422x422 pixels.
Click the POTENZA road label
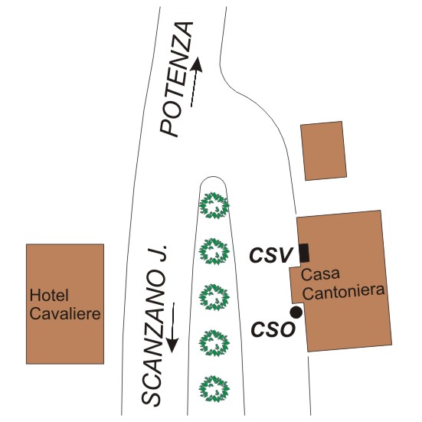tap(177, 80)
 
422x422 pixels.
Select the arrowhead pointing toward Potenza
tap(197, 64)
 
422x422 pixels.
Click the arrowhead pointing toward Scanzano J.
tap(172, 345)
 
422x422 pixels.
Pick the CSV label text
tap(271, 255)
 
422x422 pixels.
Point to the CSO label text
tap(273, 329)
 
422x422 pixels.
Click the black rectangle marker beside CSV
tap(304, 253)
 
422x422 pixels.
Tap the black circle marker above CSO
tap(296, 312)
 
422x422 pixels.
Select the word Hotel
tap(49, 295)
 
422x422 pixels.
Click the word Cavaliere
tap(65, 313)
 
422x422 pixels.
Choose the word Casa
tap(320, 274)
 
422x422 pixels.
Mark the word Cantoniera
tap(343, 292)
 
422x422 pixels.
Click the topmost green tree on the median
tap(214, 205)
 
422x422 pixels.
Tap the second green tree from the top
tap(214, 251)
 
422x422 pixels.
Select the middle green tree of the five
tap(214, 297)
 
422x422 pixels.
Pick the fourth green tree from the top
tap(214, 343)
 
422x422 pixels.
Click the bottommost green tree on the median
tap(214, 389)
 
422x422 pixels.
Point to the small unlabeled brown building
tap(323, 151)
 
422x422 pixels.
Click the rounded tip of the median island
tap(213, 177)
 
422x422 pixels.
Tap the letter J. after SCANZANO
tap(158, 253)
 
